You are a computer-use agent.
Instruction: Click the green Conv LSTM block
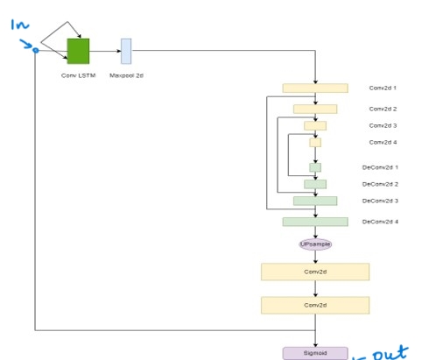coord(79,51)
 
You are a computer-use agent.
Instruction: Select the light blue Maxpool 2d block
coord(126,51)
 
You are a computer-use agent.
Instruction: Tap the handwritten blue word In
coord(20,25)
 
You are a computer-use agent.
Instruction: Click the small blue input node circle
coord(35,51)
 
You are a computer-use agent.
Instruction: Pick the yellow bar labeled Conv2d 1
coord(314,88)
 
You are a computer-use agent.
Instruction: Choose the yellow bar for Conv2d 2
coord(314,109)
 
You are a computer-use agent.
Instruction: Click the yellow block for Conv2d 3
coord(314,126)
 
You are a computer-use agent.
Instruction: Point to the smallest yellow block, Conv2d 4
coord(314,142)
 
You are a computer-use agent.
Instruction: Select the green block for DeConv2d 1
coord(314,167)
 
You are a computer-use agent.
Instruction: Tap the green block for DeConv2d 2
coord(314,184)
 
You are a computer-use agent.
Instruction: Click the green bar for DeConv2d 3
coord(314,201)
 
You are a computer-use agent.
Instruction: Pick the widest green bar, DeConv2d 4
coord(314,222)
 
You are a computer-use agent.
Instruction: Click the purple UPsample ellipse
coord(315,244)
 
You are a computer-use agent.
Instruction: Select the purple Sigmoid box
coord(314,353)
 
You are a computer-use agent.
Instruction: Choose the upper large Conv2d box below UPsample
coord(314,272)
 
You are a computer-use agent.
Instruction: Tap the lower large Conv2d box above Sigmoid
coord(314,305)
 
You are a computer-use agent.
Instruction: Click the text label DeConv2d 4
coord(381,222)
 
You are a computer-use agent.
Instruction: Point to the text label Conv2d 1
coord(383,88)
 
